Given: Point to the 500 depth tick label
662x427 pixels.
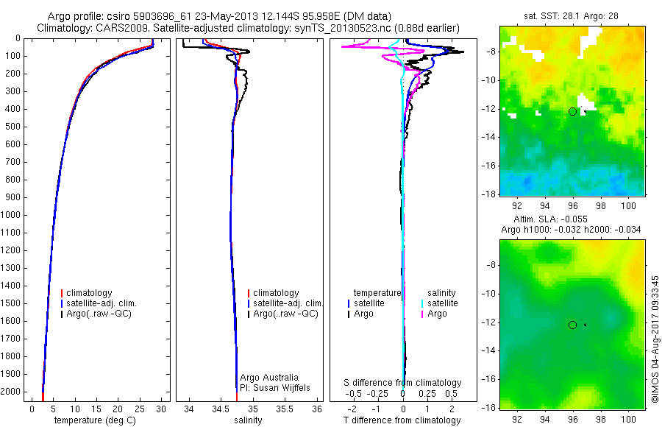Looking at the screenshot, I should (13, 127).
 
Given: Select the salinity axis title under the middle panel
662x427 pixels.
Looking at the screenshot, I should (248, 420).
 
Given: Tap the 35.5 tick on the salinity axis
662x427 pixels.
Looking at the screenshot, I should (285, 409).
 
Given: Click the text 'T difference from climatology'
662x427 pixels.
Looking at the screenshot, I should (402, 420).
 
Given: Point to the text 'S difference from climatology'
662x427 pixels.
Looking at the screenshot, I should (403, 383).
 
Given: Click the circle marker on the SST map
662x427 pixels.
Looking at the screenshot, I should (572, 111).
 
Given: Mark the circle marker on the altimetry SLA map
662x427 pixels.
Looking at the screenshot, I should (572, 325).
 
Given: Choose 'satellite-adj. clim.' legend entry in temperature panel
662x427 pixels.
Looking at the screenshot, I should (107, 303).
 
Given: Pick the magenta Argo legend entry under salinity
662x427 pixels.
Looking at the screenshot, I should (437, 314).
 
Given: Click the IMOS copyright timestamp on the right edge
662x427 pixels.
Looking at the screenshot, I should (655, 339).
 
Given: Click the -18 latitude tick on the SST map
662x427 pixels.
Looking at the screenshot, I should (488, 194).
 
